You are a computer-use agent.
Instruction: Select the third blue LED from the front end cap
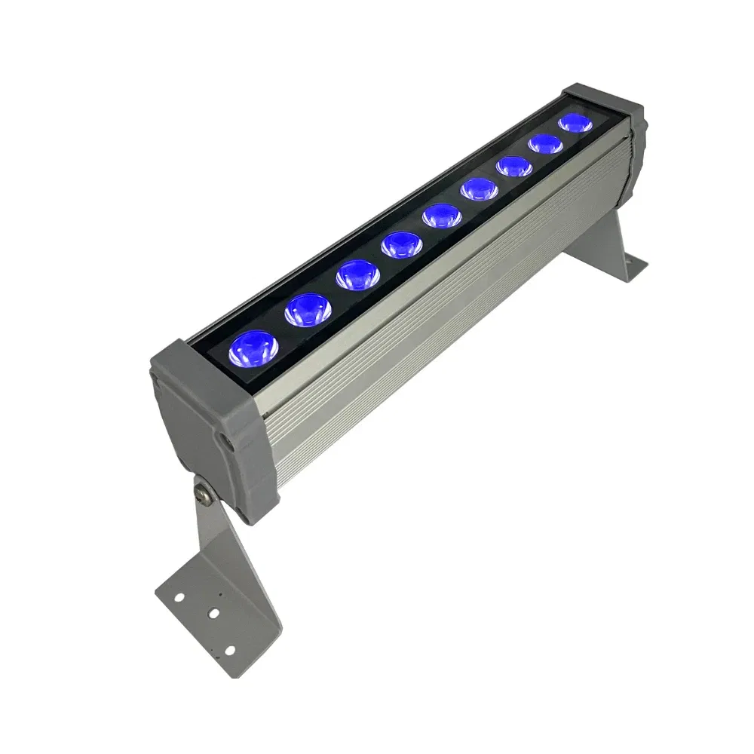(356, 274)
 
